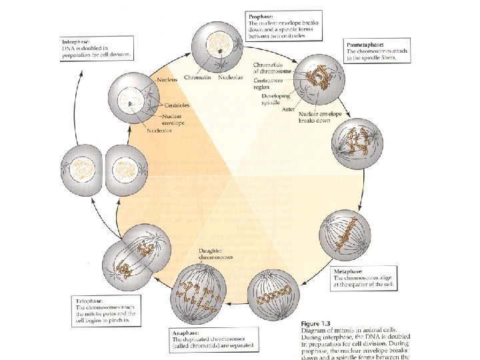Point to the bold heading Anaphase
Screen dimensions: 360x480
click(183, 332)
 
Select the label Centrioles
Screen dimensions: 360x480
click(175, 105)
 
